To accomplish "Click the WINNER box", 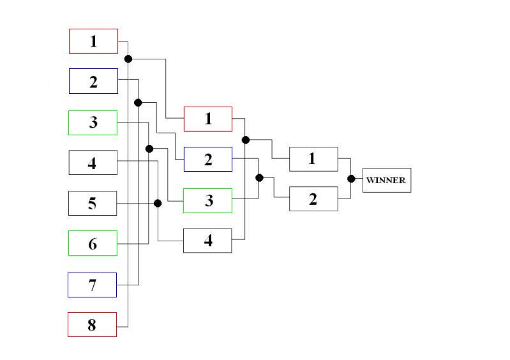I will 386,180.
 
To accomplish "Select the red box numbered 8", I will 93,324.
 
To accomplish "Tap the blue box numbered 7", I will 93,285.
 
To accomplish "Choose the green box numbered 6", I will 93,243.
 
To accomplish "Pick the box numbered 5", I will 93,203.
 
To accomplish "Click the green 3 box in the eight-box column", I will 93,123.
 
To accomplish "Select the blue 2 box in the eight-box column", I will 93,81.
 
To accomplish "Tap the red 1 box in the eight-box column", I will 93,41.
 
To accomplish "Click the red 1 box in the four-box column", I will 208,119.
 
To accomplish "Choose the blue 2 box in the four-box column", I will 208,159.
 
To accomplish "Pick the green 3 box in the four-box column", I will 208,200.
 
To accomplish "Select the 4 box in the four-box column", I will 208,241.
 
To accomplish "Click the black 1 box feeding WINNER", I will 313,159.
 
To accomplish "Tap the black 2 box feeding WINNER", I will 313,199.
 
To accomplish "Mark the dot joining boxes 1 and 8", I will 128,59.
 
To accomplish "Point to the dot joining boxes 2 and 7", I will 138,102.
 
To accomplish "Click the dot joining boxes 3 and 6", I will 149,149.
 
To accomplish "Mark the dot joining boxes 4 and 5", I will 158,203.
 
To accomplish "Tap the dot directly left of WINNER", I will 350,179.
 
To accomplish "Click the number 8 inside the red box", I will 92,325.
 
